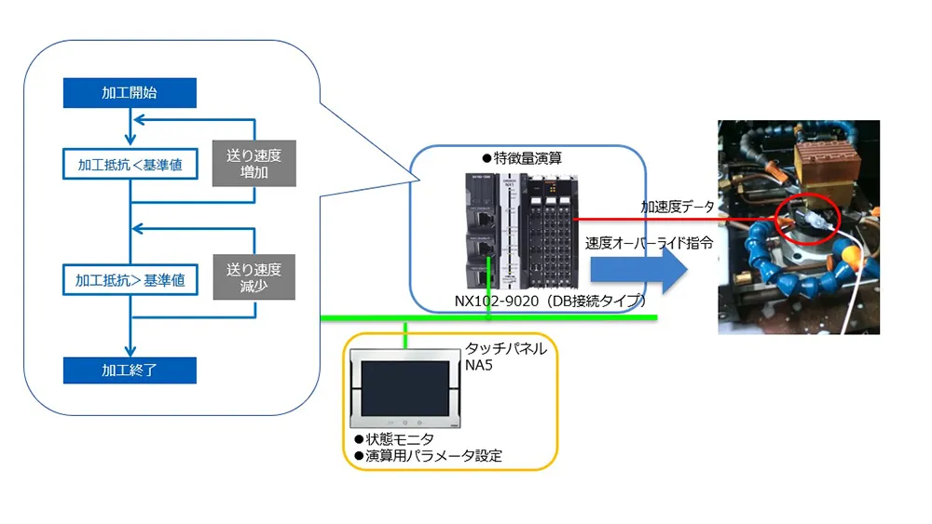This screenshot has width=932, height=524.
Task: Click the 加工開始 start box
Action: tap(130, 93)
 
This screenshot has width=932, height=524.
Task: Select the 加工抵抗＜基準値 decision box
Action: tap(130, 165)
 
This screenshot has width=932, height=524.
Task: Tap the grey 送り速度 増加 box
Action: tap(254, 164)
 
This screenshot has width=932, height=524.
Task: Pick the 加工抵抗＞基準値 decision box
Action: tap(130, 278)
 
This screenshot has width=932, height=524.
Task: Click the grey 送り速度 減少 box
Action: tap(254, 277)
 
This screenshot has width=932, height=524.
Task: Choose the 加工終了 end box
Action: tap(130, 369)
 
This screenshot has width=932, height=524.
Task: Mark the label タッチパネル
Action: tap(512, 349)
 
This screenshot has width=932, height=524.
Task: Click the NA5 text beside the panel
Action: tap(480, 365)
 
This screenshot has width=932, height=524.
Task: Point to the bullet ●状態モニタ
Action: tap(388, 438)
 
